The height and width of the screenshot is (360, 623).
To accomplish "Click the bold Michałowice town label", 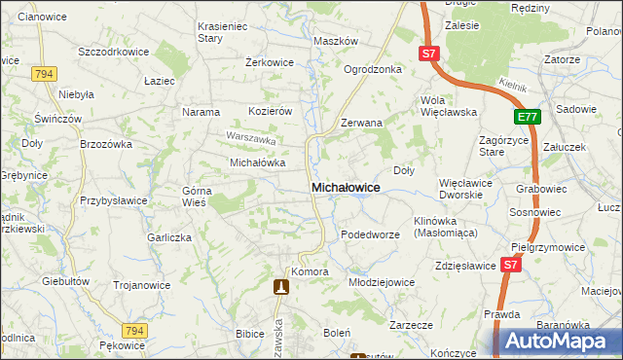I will [345, 186].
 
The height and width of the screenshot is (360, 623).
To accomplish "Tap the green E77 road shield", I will [527, 118].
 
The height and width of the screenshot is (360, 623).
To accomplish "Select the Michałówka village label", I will [256, 162].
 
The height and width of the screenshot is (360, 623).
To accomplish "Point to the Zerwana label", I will [361, 124].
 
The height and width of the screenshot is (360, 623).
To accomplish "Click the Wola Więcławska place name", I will [448, 106].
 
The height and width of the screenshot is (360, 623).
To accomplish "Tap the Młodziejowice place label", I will [382, 281].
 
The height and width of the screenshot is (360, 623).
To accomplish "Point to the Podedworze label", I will [370, 234].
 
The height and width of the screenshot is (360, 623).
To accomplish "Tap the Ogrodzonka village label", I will [373, 69].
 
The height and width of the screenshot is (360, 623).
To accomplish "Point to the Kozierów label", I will [271, 112].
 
